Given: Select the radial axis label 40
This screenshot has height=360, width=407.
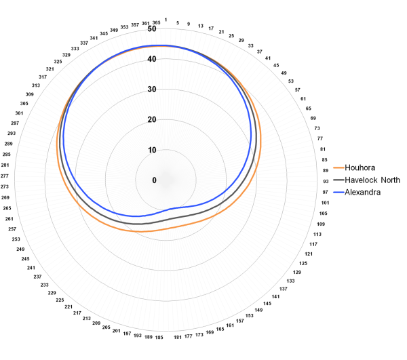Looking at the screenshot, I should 153,60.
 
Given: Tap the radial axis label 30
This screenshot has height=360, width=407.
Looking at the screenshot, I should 153,89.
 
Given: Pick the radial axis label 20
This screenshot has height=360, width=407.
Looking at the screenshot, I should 153,120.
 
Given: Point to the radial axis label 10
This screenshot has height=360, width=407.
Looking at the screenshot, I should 153,151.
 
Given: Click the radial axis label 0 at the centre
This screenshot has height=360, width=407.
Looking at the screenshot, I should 154,180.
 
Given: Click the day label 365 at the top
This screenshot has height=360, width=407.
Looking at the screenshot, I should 157,23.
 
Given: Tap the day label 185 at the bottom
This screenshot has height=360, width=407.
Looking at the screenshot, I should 159,337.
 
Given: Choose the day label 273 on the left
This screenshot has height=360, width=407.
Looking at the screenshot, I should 5,186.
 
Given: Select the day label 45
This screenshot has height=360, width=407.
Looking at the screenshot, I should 276,65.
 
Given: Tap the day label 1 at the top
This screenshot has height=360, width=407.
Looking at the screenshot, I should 167,21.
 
